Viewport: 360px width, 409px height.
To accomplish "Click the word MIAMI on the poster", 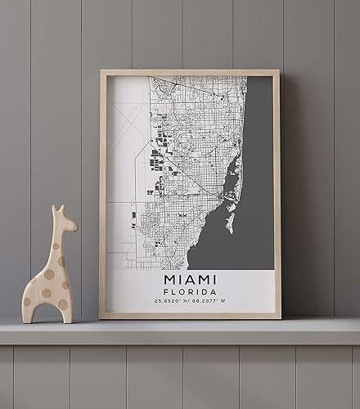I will (190, 279).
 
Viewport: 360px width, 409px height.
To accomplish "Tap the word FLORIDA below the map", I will (190, 292).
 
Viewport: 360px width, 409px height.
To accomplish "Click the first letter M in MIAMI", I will (168, 279).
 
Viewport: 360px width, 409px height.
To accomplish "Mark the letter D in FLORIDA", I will (205, 292).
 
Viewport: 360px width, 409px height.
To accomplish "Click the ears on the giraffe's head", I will (58, 210).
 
